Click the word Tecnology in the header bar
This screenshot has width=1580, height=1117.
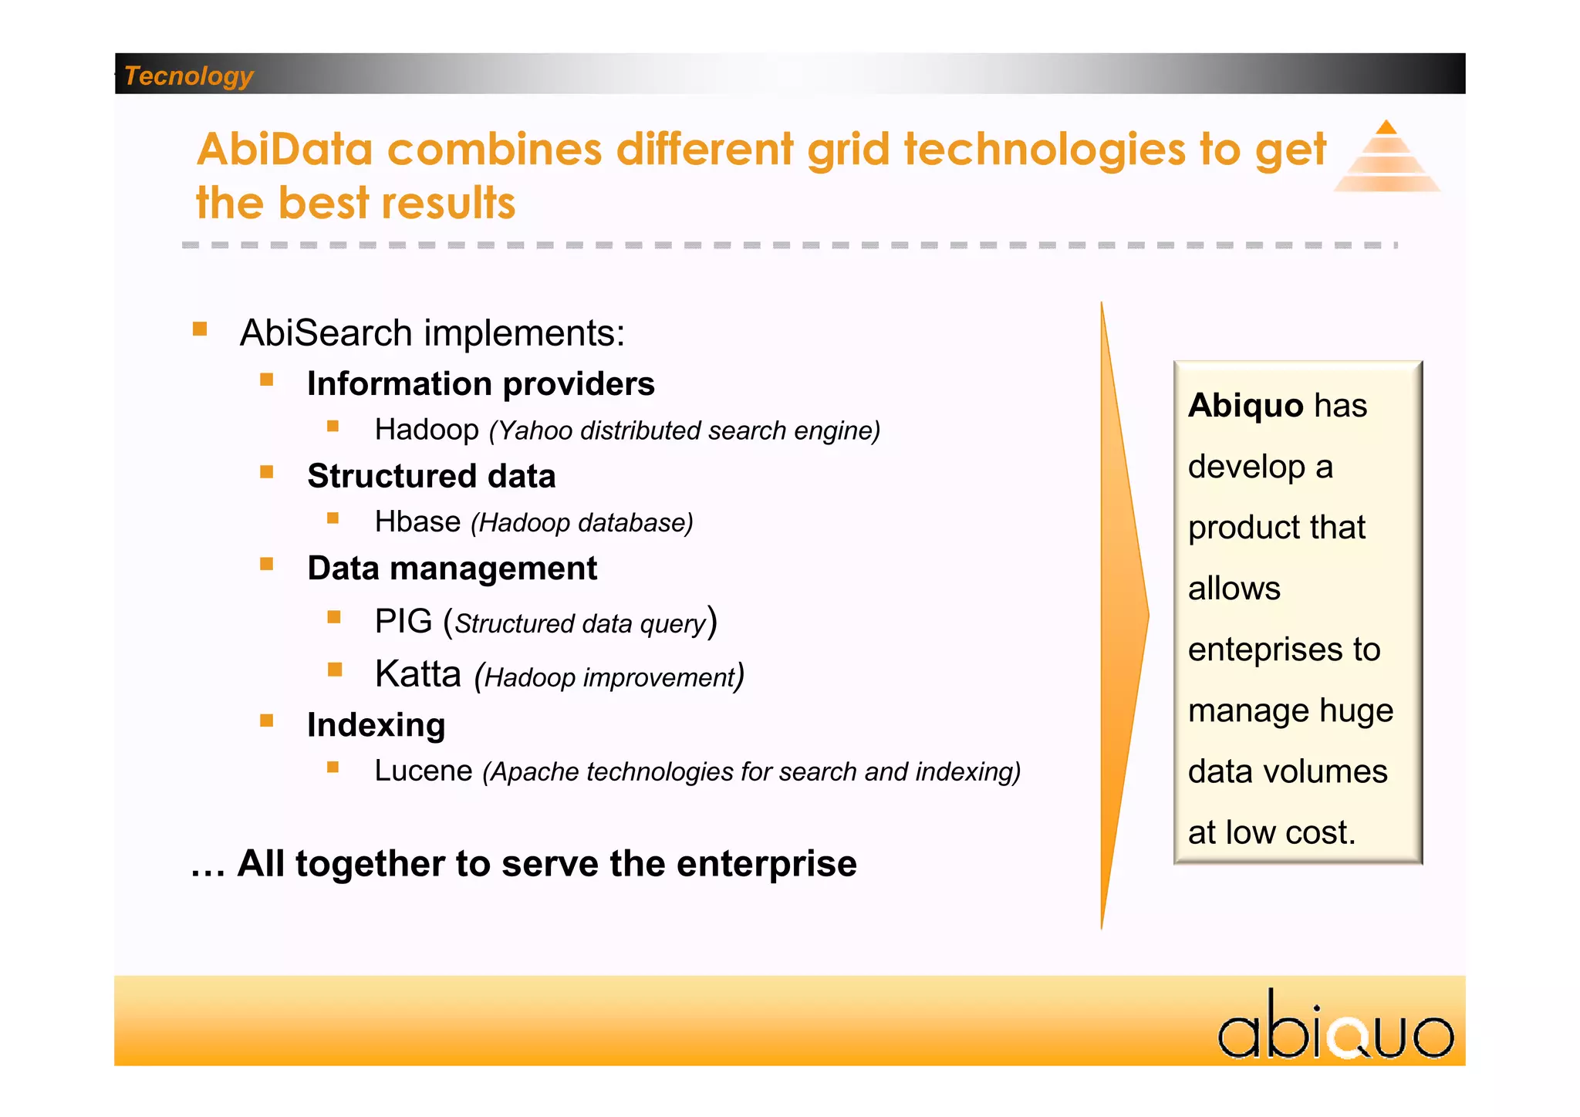tap(188, 76)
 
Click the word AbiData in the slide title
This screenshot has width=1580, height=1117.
tap(285, 149)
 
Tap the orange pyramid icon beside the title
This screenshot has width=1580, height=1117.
tap(1386, 157)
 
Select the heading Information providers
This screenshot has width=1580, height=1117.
tap(481, 383)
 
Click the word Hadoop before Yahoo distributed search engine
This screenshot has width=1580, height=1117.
tap(427, 430)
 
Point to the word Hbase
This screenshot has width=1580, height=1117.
tap(417, 522)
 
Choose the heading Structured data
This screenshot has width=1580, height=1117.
tap(431, 476)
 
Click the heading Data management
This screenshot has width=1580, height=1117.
tap(452, 569)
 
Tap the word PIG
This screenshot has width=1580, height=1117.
tap(403, 622)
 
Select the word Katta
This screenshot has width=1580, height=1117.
tap(417, 674)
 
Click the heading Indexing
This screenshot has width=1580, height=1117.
tap(376, 725)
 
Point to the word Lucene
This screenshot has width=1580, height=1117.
tap(423, 771)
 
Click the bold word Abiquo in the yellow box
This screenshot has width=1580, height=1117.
tap(1245, 406)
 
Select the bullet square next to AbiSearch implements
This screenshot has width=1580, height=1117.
tap(200, 329)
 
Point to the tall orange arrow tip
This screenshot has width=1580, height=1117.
tap(1146, 615)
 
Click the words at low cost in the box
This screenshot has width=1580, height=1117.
tap(1271, 832)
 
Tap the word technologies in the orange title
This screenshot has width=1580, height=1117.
tap(1045, 149)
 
